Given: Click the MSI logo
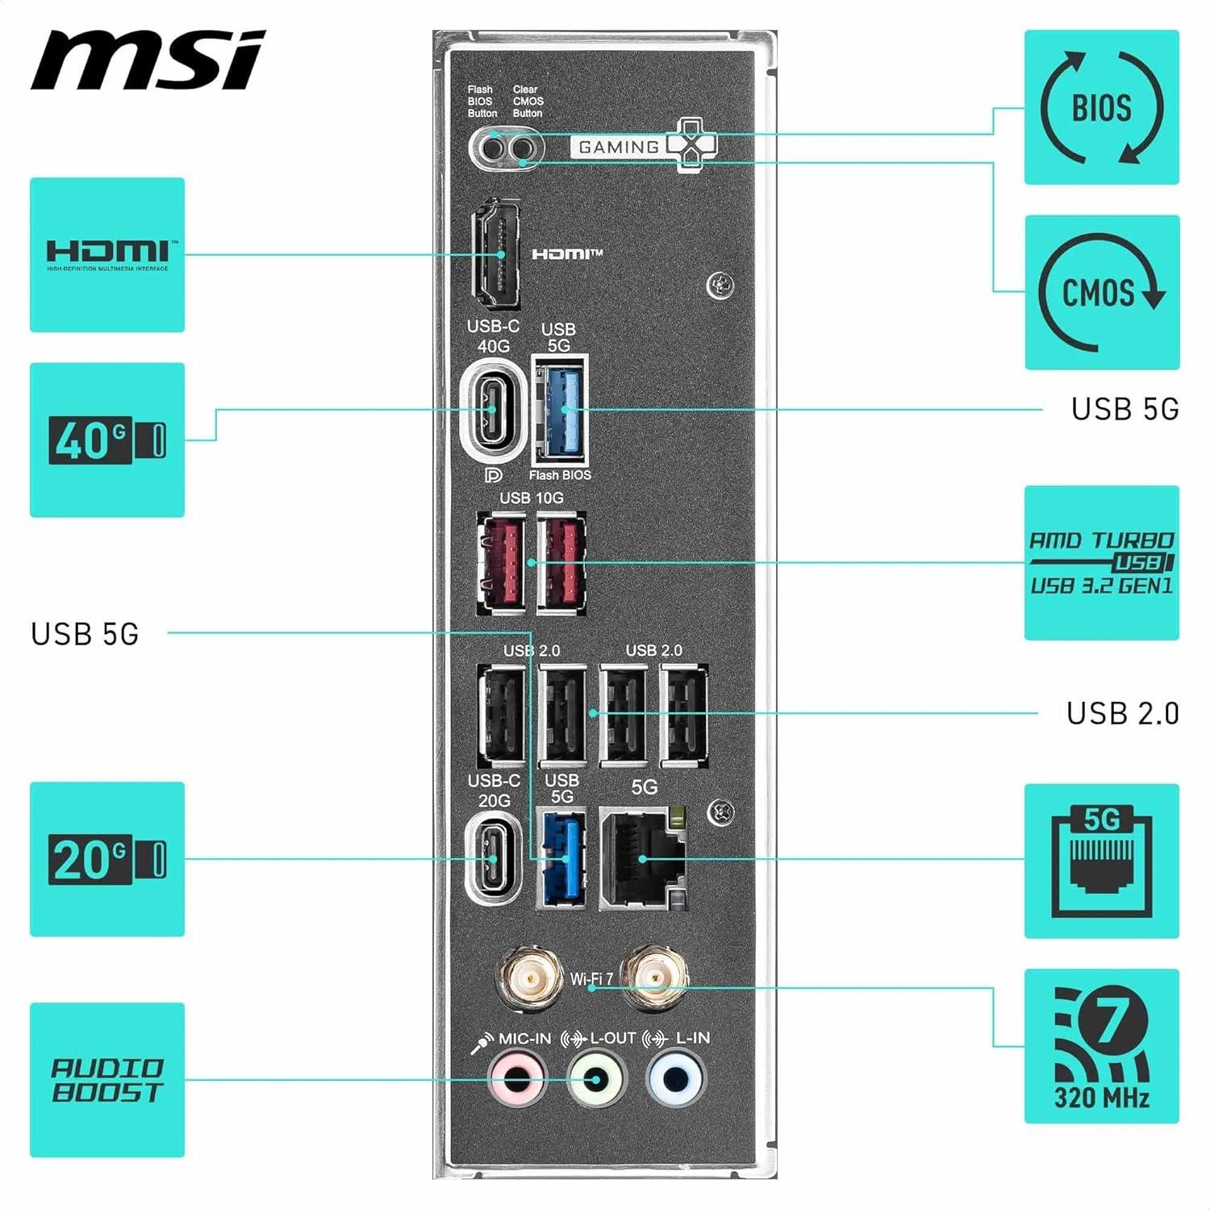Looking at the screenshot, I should point(148,61).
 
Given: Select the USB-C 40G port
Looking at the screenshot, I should point(490,410).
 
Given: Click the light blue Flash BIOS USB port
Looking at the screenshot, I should point(561,410).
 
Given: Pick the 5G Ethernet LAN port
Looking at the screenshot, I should point(643,859).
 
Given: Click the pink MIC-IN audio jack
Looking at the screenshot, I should point(517,1079).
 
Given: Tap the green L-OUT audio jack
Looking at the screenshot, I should point(597,1079).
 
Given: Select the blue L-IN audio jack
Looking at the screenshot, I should point(676,1079).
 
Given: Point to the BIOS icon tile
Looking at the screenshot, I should point(1101,107).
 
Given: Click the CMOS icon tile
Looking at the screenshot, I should point(1101,292).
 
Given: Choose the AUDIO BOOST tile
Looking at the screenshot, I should point(107,1079).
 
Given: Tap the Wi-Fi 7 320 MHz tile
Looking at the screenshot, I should point(1101,1045).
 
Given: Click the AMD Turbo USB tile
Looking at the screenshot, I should point(1101,562).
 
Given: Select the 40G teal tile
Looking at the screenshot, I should point(107,440).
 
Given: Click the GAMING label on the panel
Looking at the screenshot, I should point(619,147).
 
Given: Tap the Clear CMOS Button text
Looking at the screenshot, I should point(528,102).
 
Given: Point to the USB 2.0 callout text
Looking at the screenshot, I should point(1122,713).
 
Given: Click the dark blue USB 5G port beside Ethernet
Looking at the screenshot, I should point(561,859).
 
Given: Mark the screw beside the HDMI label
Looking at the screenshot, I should point(720,284).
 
